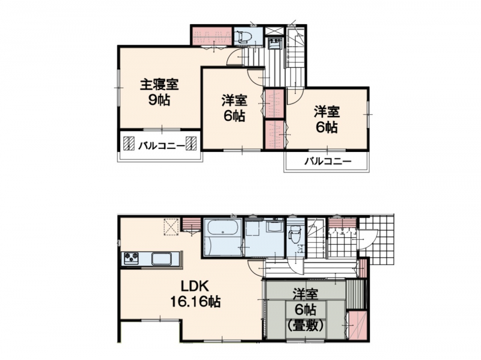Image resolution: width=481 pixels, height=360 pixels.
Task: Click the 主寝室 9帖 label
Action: [x=159, y=92]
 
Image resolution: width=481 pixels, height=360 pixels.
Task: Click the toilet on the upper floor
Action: [x=245, y=37]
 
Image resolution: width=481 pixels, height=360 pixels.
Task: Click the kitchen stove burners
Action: [x=131, y=258]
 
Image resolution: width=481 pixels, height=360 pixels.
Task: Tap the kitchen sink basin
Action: [x=162, y=259]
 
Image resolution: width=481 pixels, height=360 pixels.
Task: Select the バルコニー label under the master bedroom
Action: [x=161, y=146]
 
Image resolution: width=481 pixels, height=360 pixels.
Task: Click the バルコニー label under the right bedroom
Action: [x=328, y=161]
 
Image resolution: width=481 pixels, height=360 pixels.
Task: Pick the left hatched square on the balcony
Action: [x=129, y=143]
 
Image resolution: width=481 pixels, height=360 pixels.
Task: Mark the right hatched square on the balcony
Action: [x=191, y=143]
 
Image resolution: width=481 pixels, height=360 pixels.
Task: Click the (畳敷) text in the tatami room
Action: [x=305, y=326]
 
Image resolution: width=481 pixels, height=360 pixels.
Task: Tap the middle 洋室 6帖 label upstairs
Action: [x=234, y=108]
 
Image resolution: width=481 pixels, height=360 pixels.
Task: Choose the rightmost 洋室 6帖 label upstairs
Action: [x=326, y=120]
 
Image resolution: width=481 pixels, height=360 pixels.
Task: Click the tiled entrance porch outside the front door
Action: [x=377, y=242]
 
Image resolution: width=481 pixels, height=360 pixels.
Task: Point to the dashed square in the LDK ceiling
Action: [x=171, y=227]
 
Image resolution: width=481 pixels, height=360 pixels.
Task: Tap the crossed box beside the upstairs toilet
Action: [x=272, y=32]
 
